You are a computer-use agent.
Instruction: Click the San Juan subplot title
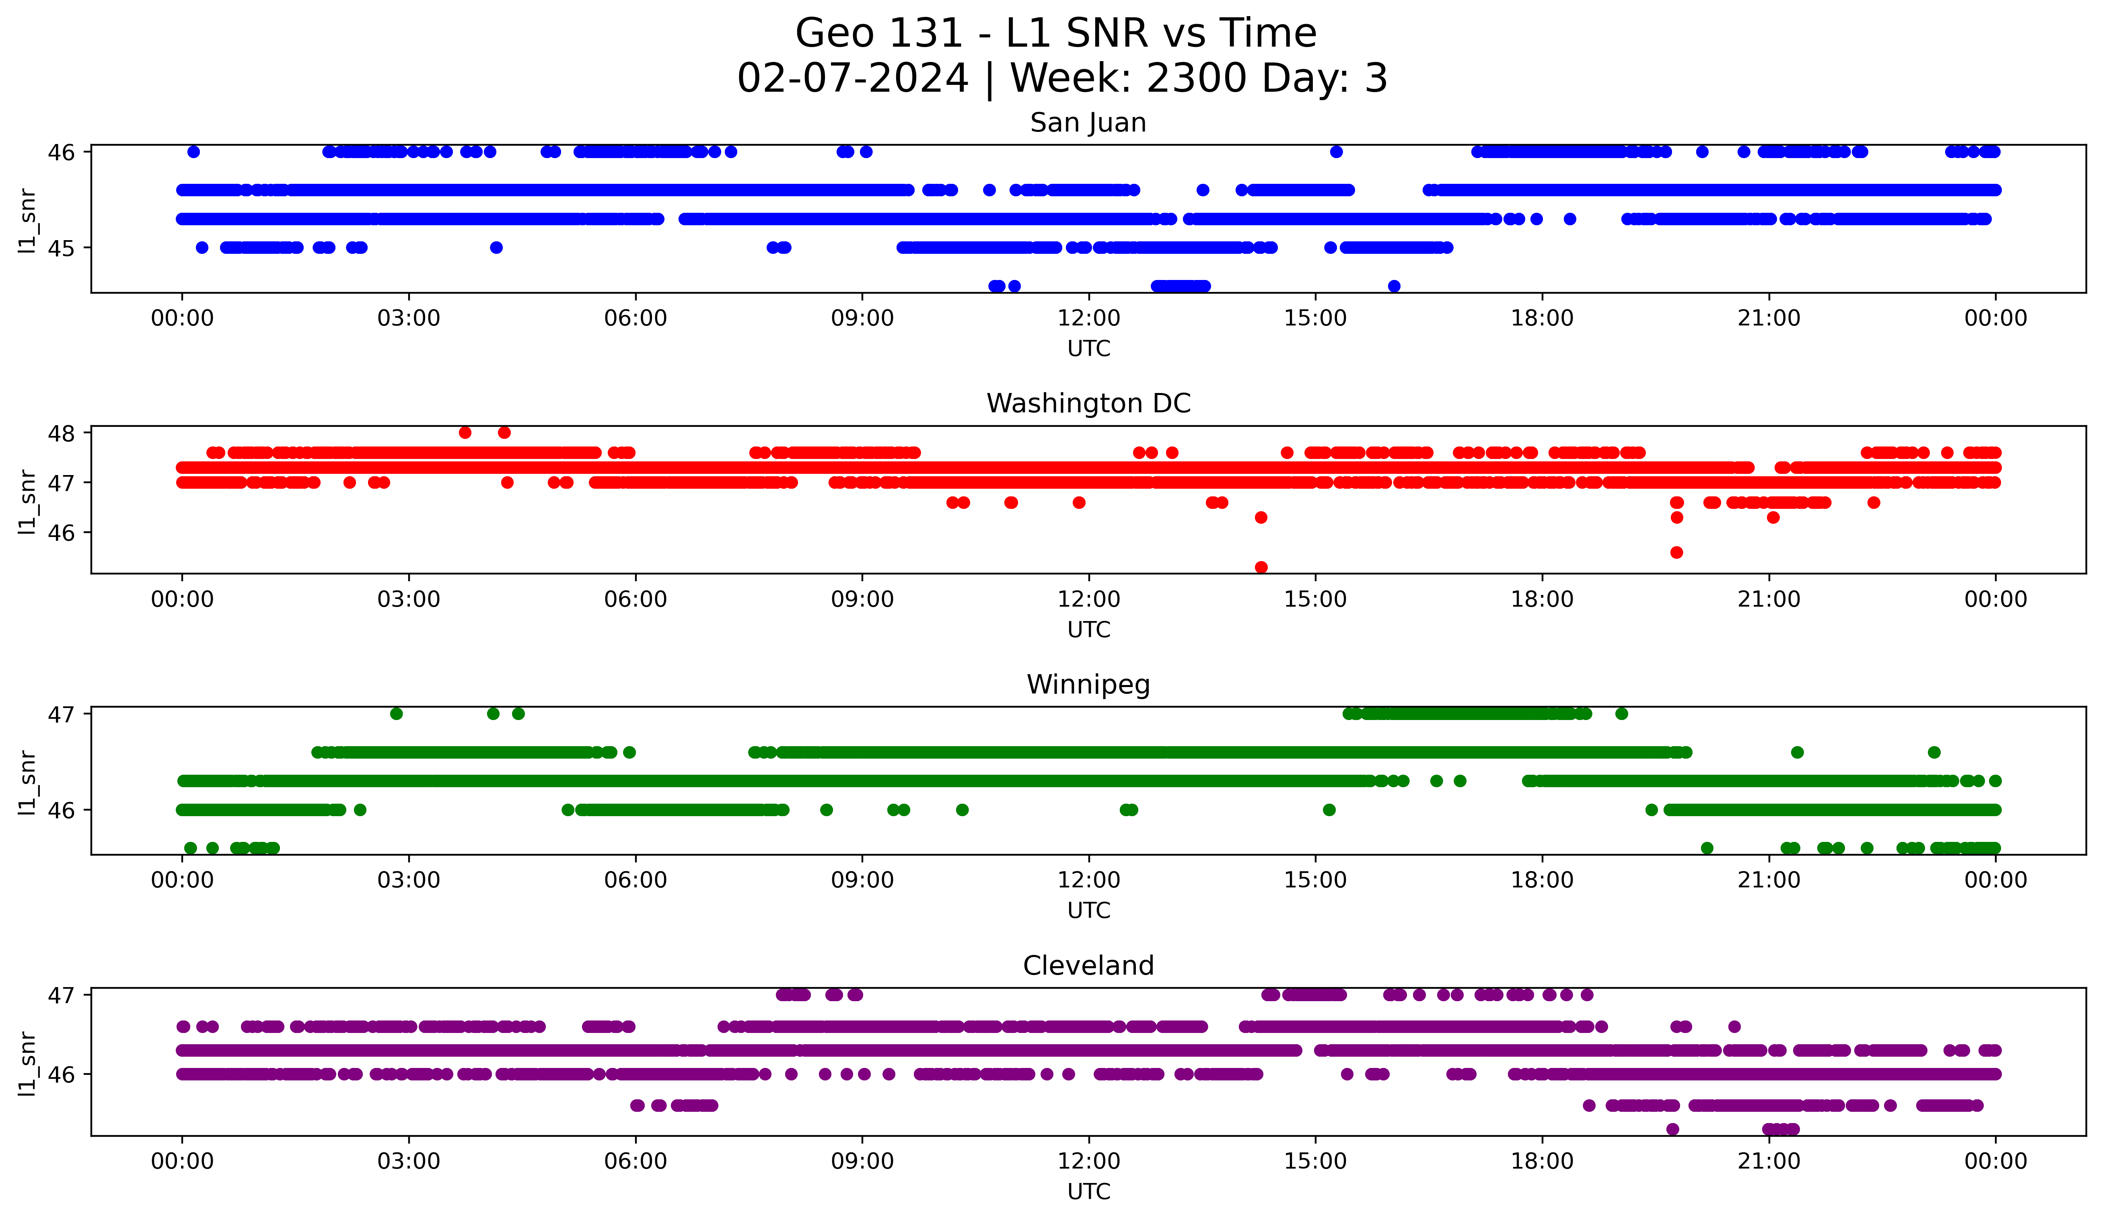[x=1088, y=123]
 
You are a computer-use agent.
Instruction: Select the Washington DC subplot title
[x=1088, y=403]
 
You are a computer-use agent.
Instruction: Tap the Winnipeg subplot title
[x=1088, y=685]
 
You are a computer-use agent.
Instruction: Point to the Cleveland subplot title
[x=1088, y=966]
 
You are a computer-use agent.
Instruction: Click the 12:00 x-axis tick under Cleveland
[x=1088, y=1161]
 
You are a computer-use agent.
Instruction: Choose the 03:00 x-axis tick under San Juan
[x=409, y=318]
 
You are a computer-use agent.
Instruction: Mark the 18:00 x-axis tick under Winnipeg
[x=1541, y=880]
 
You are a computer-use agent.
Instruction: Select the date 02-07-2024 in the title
[x=852, y=78]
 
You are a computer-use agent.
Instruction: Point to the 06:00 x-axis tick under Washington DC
[x=636, y=599]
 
